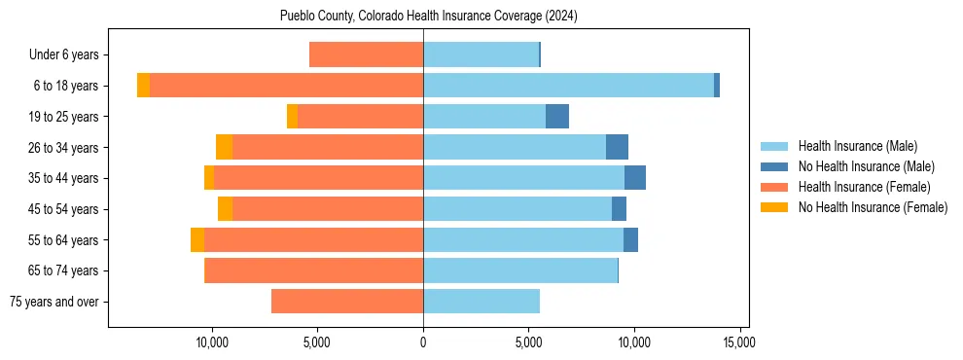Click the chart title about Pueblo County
[x=429, y=17]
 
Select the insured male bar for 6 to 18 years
[x=568, y=86]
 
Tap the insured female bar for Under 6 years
[x=366, y=54]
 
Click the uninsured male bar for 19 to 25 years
[x=556, y=117]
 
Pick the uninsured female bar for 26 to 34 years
[x=224, y=147]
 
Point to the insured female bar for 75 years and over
[x=346, y=302]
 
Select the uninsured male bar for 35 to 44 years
[x=635, y=178]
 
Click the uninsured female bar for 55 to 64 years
[x=197, y=240]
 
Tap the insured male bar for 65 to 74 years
[x=520, y=270]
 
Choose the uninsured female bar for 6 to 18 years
[x=143, y=86]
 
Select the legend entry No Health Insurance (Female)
[x=873, y=207]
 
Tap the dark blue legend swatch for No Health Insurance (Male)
[x=774, y=166]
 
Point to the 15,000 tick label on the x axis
[x=739, y=342]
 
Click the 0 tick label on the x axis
[x=423, y=342]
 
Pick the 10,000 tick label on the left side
[x=212, y=342]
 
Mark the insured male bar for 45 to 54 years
[x=517, y=209]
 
